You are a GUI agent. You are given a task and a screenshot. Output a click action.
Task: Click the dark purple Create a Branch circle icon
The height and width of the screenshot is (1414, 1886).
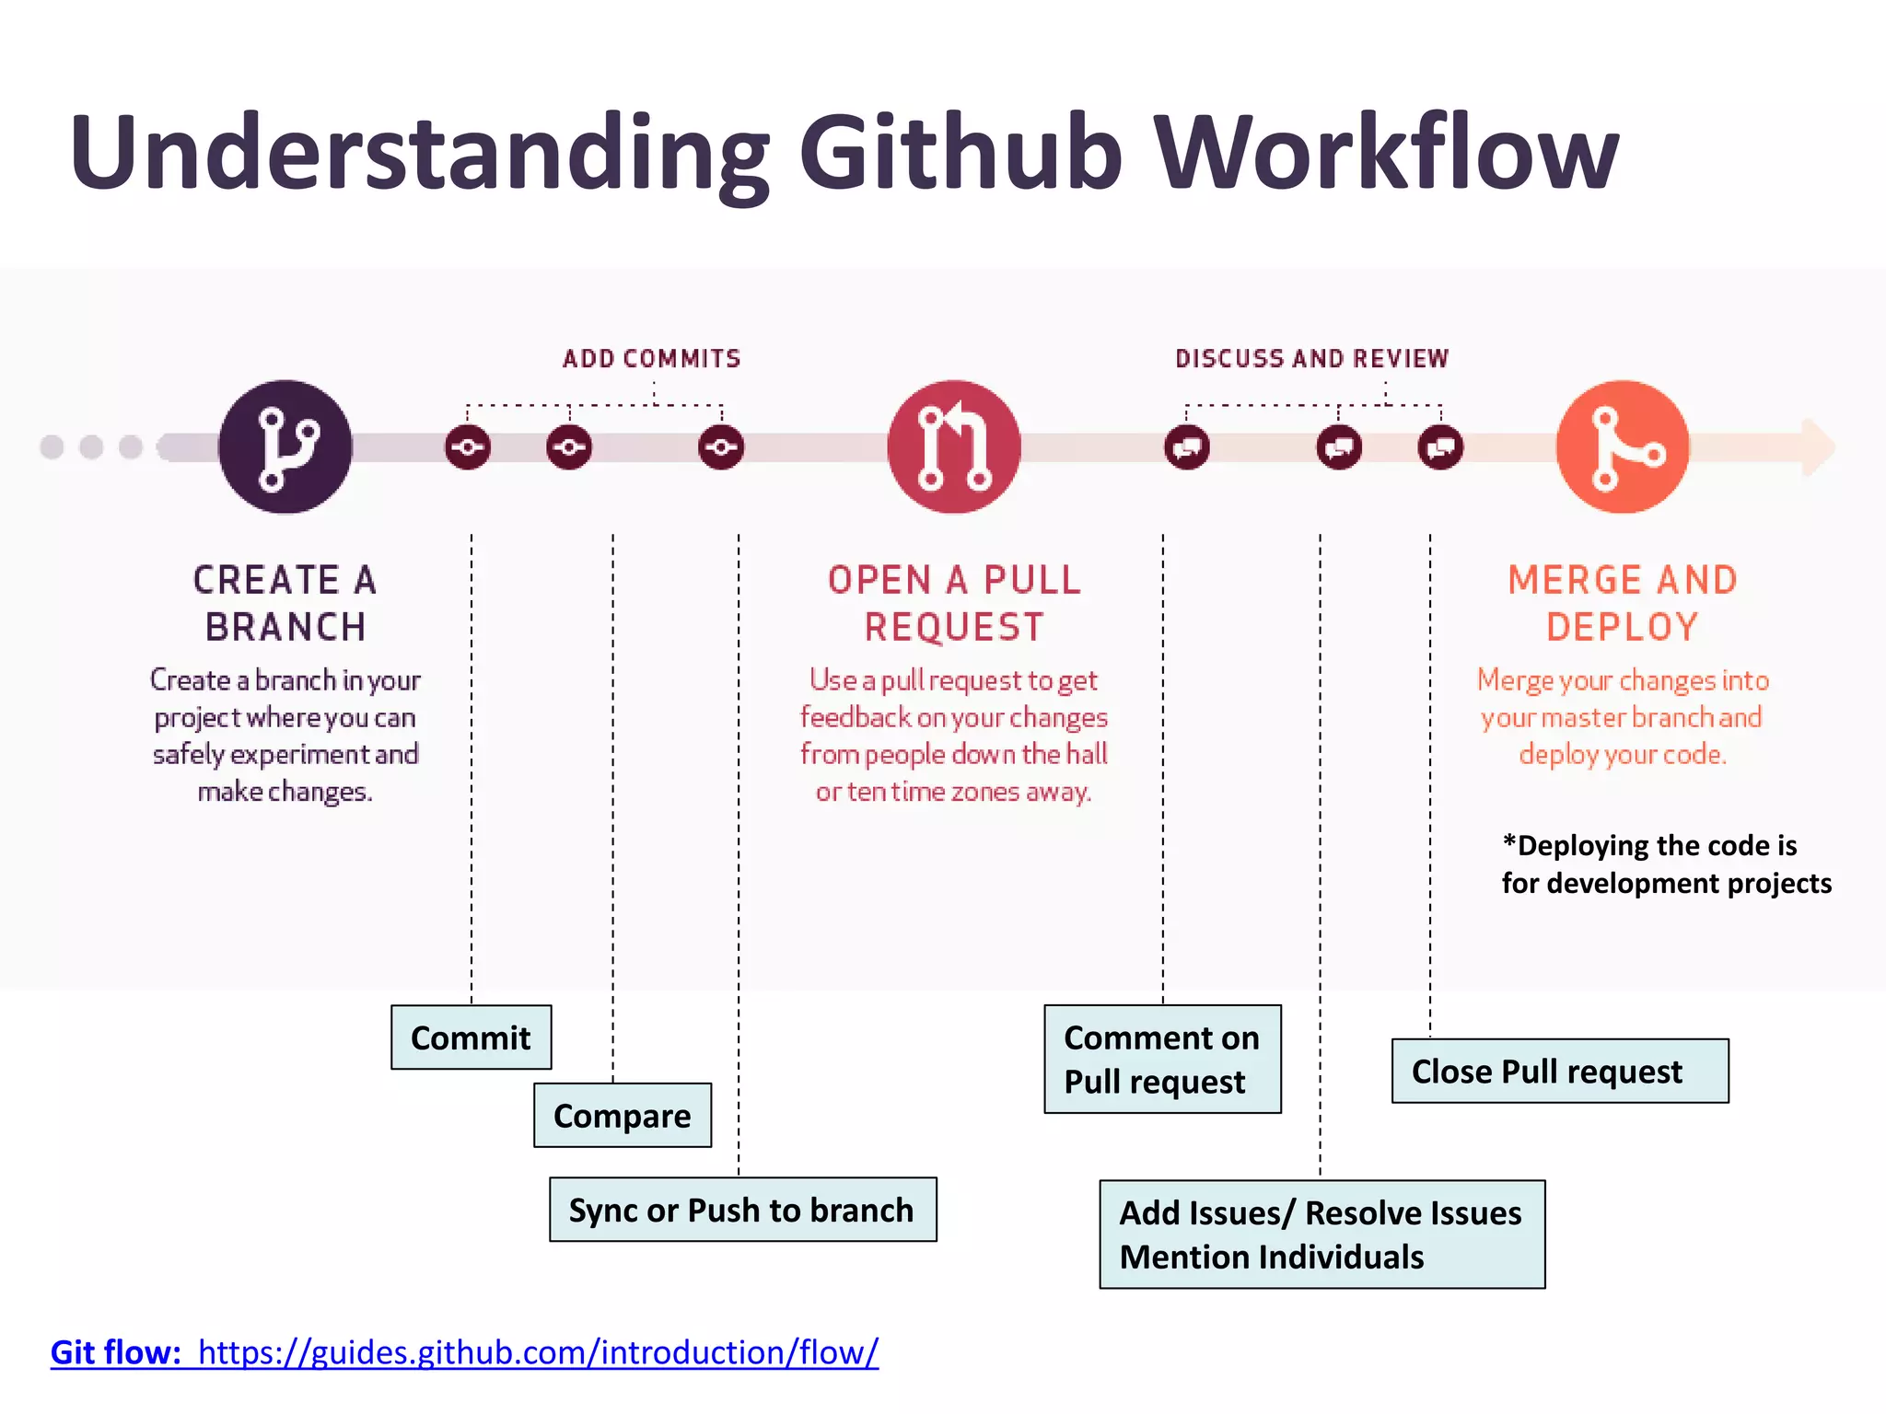(x=285, y=446)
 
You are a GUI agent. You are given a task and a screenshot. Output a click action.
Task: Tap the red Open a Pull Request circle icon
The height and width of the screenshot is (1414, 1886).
(x=954, y=446)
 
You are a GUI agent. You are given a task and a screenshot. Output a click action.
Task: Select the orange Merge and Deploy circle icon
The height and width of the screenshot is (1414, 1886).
(x=1623, y=446)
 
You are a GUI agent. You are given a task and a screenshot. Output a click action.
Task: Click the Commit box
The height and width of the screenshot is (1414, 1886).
(x=471, y=1037)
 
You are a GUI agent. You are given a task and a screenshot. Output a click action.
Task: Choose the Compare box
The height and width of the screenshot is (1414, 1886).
(x=623, y=1115)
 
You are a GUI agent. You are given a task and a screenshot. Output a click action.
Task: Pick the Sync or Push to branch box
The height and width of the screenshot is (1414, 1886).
(x=742, y=1210)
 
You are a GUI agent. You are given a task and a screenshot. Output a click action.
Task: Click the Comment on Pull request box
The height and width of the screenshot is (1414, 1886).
(x=1162, y=1059)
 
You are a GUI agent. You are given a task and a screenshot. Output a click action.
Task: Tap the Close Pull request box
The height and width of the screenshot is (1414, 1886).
(x=1559, y=1071)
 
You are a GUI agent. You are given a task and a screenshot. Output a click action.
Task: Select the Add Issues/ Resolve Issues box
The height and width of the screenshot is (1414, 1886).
(x=1321, y=1234)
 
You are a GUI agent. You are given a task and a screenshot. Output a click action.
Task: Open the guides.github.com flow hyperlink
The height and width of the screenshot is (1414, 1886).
(x=538, y=1352)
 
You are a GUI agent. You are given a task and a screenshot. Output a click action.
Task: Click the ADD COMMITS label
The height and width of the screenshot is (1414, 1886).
(x=652, y=359)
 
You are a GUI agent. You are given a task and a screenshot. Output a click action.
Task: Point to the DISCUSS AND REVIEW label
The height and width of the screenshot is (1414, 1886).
(x=1311, y=359)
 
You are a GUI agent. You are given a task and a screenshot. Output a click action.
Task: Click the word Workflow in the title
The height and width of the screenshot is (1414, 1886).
(x=1386, y=152)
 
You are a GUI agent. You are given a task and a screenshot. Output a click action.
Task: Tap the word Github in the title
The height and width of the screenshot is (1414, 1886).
(x=960, y=152)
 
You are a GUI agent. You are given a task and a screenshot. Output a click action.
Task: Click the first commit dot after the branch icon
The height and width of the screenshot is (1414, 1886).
(x=468, y=447)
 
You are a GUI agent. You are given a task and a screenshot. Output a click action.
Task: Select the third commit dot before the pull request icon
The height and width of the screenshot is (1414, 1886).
(x=721, y=447)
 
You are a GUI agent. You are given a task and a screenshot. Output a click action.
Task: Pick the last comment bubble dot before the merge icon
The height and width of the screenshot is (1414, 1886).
(x=1440, y=447)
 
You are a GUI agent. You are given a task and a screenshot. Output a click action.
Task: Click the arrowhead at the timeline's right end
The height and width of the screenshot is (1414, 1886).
(x=1818, y=447)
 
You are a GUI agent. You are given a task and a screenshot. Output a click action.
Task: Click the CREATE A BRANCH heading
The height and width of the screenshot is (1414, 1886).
(x=285, y=603)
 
